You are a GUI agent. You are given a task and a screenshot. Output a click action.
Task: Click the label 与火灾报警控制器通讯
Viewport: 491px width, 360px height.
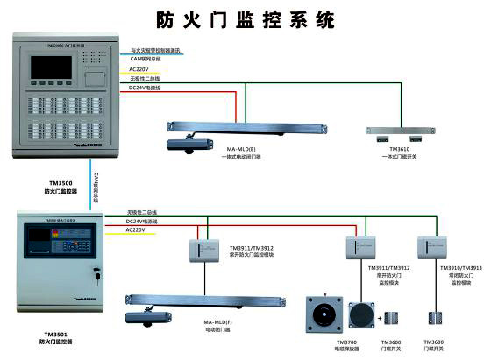pyautogui.click(x=157, y=50)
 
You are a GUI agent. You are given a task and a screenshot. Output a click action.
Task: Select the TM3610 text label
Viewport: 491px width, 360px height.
pyautogui.click(x=398, y=149)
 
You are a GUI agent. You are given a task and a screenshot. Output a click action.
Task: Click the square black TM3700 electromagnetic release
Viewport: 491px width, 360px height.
pyautogui.click(x=320, y=314)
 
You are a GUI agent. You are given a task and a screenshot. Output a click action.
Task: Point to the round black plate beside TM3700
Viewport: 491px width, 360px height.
pyautogui.click(x=361, y=315)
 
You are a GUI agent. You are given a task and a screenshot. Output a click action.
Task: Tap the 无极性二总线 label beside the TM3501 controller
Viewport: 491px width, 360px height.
pyautogui.click(x=141, y=213)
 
